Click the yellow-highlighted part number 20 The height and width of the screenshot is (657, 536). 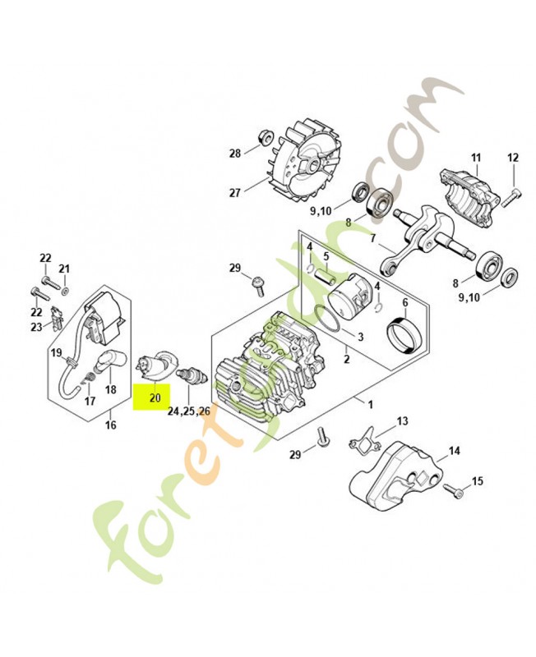pyautogui.click(x=155, y=397)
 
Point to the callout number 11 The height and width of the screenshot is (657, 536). pyautogui.click(x=476, y=158)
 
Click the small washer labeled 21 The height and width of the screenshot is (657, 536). pyautogui.click(x=66, y=291)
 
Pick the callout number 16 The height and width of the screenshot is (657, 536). pyautogui.click(x=110, y=425)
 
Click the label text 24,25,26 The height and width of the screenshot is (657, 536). pyautogui.click(x=189, y=411)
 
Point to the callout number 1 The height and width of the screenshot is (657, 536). pyautogui.click(x=370, y=404)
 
